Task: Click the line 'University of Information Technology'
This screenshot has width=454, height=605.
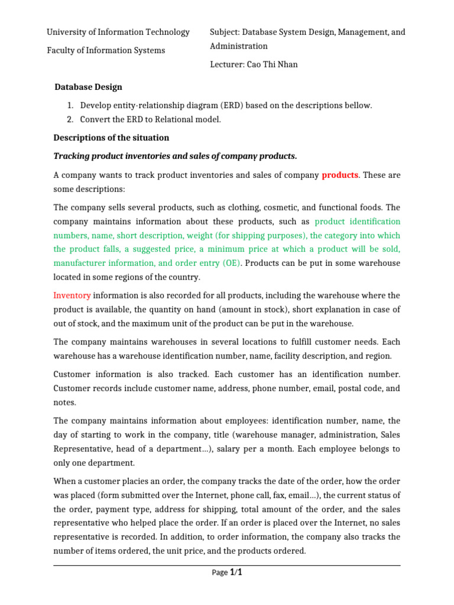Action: (x=118, y=32)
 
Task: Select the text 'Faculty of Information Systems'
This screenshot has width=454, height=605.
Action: (x=106, y=50)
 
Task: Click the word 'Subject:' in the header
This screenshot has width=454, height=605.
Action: (x=224, y=32)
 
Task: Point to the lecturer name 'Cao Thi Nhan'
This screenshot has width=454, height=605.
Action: (x=274, y=64)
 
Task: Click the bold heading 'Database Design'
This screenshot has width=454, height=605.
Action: (x=88, y=87)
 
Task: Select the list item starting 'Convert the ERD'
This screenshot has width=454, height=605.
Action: (x=151, y=119)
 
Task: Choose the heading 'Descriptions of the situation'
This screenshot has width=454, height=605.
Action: (x=111, y=138)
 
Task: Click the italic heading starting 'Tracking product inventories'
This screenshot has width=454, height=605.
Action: (x=175, y=156)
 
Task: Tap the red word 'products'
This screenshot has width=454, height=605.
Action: (x=339, y=175)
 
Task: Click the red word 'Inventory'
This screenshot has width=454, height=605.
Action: (x=72, y=295)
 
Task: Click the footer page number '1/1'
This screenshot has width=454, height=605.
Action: (x=236, y=572)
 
